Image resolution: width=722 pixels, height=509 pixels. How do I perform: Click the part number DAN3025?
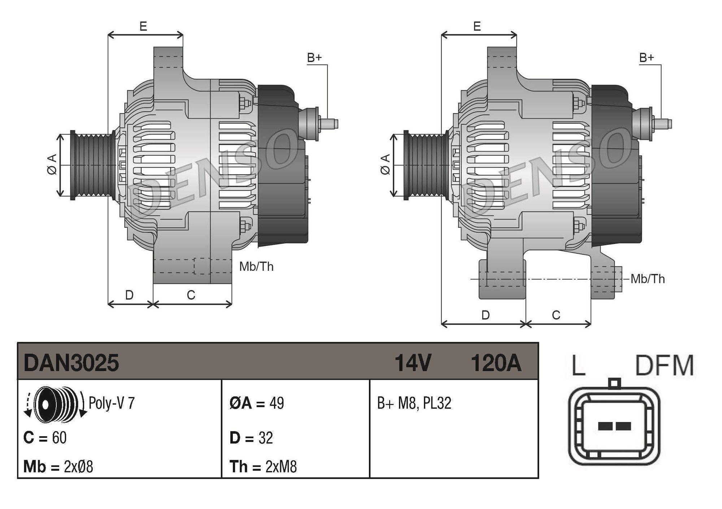point(71,363)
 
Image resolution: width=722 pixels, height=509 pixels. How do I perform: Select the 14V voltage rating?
point(413,363)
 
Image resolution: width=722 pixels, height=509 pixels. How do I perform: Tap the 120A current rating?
point(496,363)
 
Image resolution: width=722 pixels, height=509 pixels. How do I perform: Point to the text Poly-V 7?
point(112,403)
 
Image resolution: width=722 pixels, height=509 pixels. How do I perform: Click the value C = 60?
point(45,438)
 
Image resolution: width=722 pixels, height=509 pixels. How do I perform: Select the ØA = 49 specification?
point(257,403)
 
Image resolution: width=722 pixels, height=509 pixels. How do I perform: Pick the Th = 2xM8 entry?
point(263,467)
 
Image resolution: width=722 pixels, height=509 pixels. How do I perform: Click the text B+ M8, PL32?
point(414,403)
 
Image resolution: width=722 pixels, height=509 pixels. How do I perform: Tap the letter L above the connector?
point(578,365)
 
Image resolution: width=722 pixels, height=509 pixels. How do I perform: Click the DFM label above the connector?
point(664,365)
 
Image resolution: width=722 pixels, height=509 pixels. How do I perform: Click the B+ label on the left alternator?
point(314,58)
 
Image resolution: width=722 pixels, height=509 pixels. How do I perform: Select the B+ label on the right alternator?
point(647,58)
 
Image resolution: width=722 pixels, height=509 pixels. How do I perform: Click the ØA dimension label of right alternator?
point(386,165)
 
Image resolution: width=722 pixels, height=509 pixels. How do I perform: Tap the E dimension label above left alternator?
point(143,26)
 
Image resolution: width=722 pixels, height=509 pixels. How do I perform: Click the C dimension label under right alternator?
point(556,315)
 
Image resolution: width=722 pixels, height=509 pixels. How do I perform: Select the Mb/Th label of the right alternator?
point(648,279)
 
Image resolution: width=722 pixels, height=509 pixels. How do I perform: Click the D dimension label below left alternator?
point(129,295)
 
